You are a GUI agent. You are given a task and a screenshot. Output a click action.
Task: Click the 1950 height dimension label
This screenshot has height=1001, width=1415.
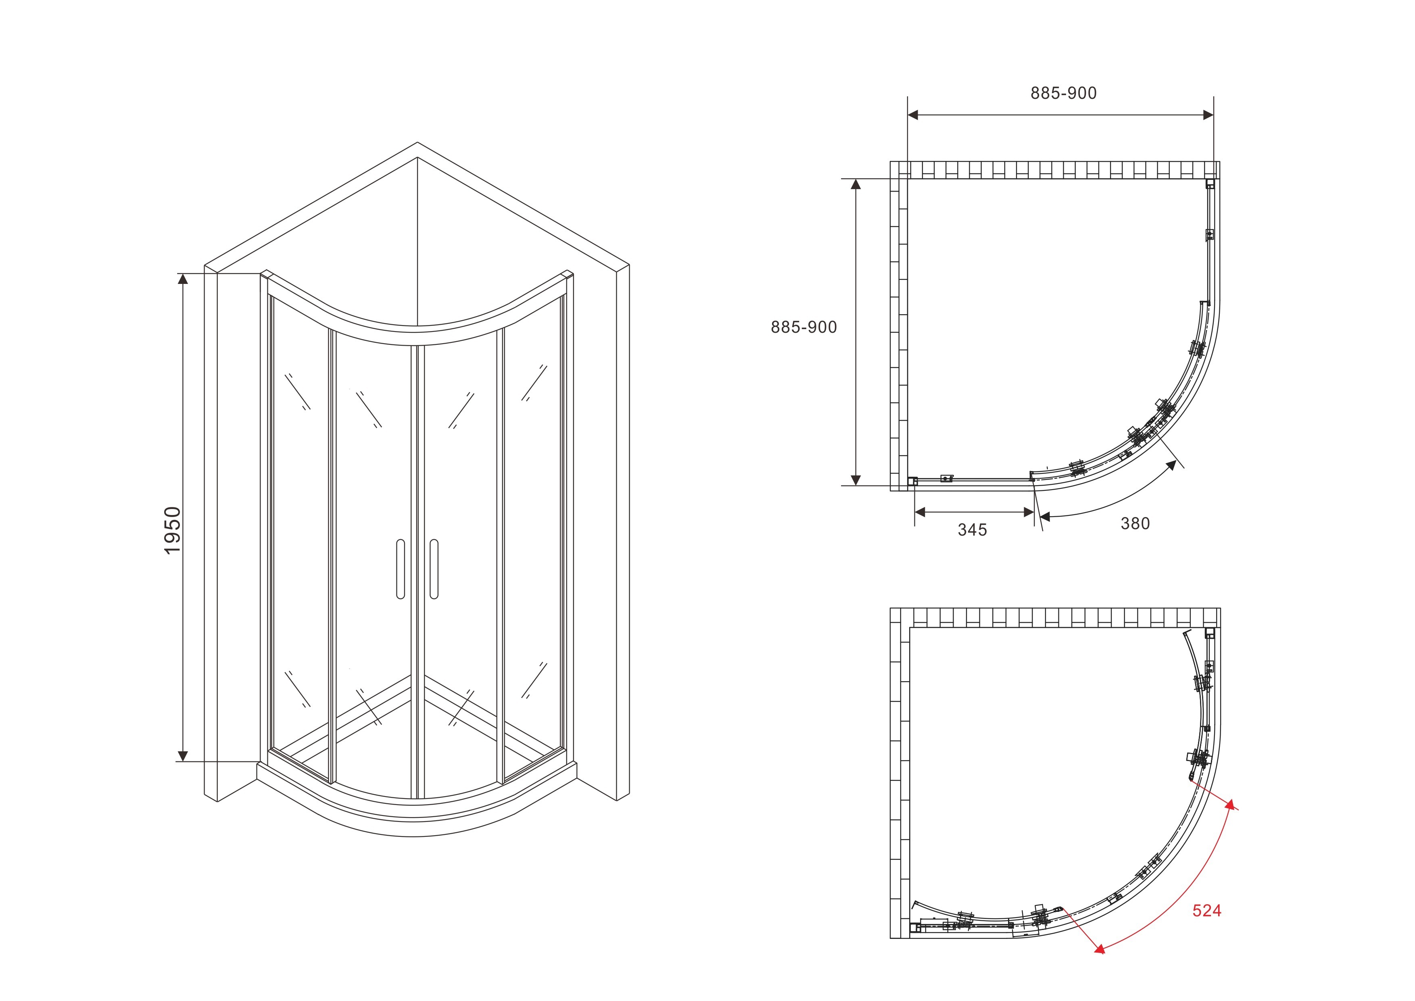[173, 530]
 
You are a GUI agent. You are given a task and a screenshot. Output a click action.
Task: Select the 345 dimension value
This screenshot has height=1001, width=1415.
[973, 530]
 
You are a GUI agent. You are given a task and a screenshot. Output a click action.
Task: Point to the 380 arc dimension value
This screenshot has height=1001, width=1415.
[1135, 523]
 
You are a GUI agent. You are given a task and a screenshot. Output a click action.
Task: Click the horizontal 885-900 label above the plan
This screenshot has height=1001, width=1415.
[1064, 93]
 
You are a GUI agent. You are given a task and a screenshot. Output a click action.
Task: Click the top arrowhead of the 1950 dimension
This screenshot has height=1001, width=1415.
[182, 279]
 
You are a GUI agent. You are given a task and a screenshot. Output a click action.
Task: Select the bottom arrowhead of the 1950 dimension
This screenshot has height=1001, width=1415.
[182, 756]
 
